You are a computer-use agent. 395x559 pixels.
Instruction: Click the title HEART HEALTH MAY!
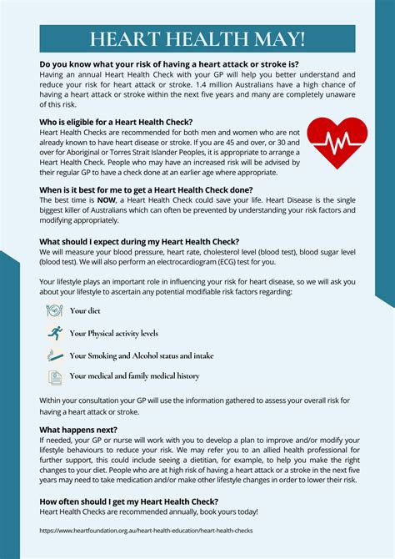click(197, 39)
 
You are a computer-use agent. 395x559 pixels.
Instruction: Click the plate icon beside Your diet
click(53, 310)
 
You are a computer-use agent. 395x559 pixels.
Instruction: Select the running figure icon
click(53, 333)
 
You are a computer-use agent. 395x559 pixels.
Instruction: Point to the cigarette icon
click(53, 355)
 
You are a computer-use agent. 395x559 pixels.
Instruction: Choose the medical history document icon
click(53, 376)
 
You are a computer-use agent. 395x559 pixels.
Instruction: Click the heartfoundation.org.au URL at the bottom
click(146, 530)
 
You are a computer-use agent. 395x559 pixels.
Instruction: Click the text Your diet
click(84, 311)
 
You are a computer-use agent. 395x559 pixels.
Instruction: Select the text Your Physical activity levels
click(113, 333)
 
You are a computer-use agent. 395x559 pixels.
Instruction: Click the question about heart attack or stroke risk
click(169, 63)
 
